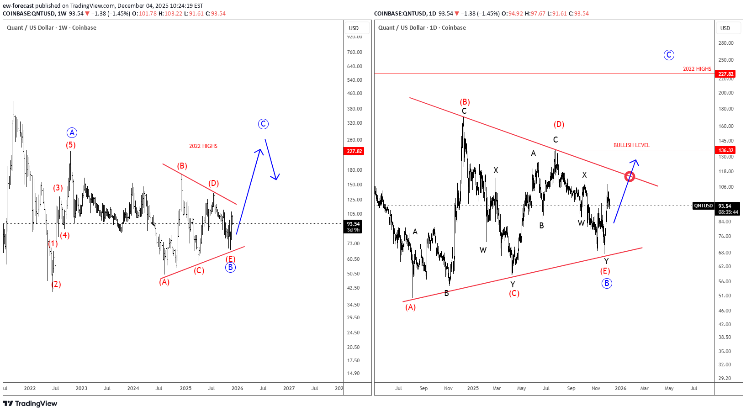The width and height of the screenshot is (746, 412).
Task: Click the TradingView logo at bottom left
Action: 30,403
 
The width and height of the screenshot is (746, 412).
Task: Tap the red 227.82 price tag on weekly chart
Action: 354,151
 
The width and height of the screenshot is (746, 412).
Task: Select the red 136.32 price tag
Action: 725,150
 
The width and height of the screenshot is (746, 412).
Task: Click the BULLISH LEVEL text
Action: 631,145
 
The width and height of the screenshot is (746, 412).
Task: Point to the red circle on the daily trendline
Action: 630,176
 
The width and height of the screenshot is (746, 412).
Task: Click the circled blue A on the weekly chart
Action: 72,133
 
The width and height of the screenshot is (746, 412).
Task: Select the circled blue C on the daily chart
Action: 669,55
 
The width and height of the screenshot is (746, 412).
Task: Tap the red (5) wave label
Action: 70,145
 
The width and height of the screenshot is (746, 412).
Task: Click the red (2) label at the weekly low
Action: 56,285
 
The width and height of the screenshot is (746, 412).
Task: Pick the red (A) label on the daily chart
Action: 410,307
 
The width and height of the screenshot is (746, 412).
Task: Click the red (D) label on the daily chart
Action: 559,125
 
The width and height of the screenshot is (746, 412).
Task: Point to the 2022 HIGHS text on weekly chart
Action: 203,146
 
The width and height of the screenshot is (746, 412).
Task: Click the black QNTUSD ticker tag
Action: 703,206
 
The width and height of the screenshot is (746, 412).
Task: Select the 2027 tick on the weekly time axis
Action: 289,389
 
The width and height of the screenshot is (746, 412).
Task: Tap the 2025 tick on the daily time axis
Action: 473,389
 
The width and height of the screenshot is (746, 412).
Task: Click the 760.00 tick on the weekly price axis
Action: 354,52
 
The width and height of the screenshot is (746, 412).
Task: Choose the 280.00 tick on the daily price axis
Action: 726,43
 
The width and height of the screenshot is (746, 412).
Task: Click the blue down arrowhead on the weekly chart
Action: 275,177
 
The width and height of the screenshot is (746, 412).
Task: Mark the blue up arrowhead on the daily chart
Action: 635,161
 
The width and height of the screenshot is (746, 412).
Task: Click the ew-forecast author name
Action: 18,6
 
